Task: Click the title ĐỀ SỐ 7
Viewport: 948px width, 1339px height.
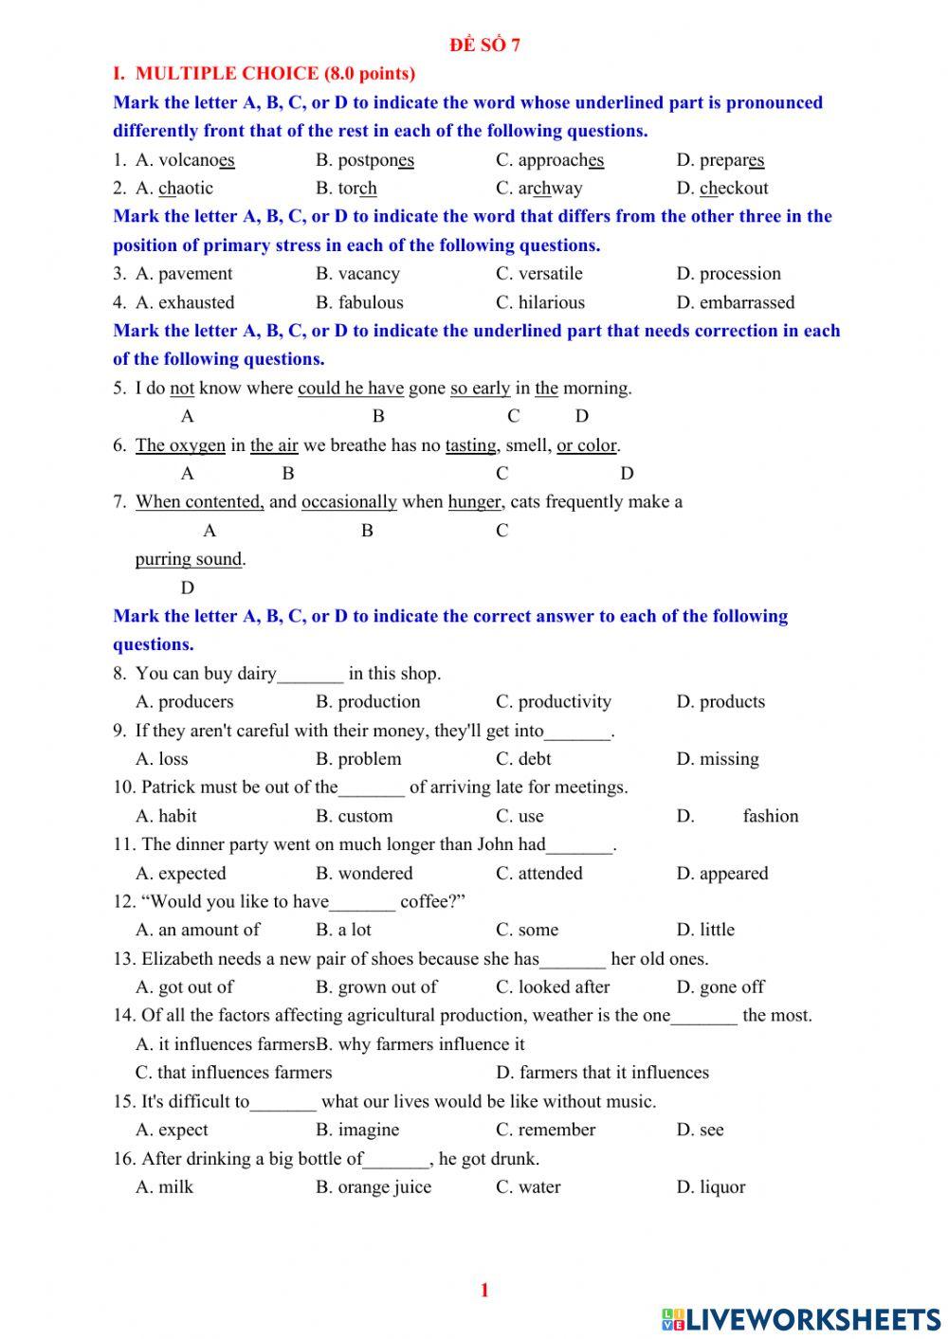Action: coord(484,45)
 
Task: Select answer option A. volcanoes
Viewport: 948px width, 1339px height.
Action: coord(185,160)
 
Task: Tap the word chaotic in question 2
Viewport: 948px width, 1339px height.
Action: coord(186,189)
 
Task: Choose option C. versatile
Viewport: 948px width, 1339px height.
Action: coord(539,274)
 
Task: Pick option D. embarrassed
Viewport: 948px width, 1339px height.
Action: coord(736,302)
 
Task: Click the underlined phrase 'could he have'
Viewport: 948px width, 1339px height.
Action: coord(351,389)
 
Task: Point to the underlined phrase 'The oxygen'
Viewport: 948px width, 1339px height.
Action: coord(180,445)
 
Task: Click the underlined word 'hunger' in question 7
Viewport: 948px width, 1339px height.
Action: coord(475,502)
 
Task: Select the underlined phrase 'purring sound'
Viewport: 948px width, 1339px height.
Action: coord(189,559)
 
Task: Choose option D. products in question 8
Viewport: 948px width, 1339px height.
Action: coord(720,702)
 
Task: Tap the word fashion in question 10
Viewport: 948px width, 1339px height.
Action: coord(770,816)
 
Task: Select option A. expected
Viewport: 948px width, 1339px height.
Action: coord(181,874)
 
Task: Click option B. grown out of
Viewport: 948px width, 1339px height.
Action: coord(376,987)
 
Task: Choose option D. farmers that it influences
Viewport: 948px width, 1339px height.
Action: coord(602,1073)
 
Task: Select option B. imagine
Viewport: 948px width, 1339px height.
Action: coord(357,1130)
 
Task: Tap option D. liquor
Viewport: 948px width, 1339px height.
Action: coord(711,1187)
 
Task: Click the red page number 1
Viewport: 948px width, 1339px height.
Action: coord(484,1290)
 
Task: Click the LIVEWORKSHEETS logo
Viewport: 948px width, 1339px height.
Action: coord(801,1319)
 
